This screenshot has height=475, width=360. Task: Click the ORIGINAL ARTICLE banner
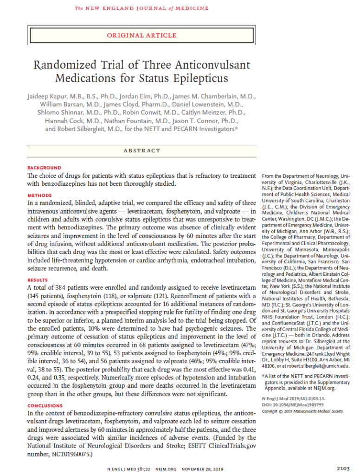tap(141, 35)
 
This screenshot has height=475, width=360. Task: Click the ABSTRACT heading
tap(141, 150)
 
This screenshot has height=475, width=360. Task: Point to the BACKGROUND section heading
tap(44, 168)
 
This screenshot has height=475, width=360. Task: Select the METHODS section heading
tap(40, 195)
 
